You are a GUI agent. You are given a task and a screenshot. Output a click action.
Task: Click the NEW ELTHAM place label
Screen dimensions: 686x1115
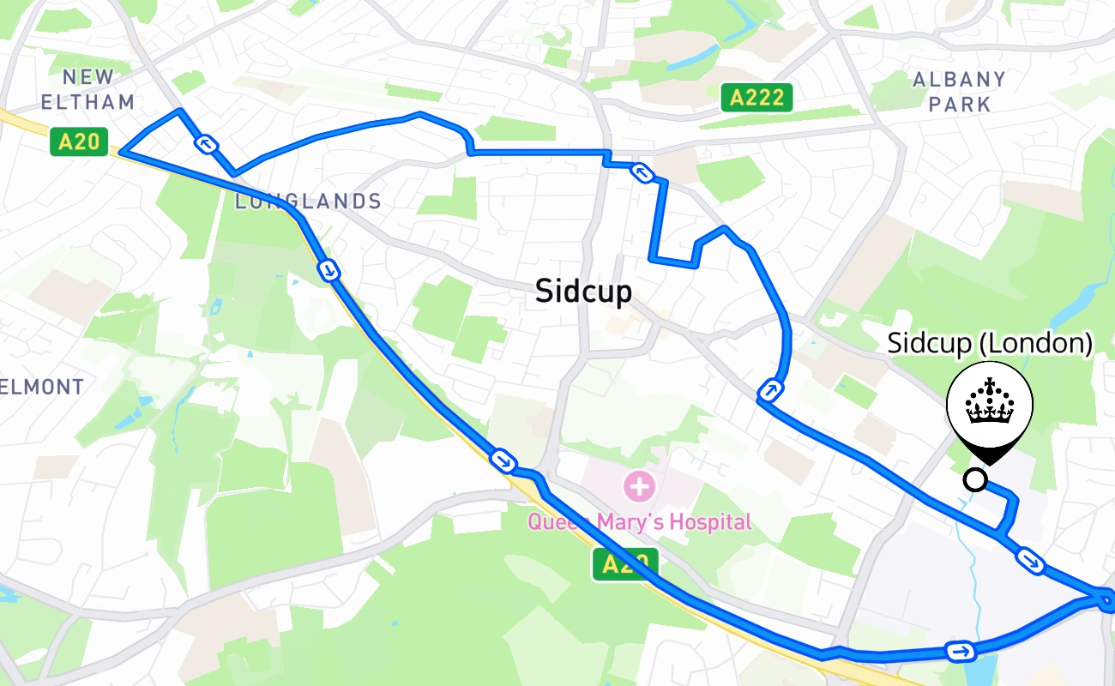click(87, 89)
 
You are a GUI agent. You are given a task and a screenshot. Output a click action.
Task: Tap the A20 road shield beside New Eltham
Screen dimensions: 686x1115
click(80, 141)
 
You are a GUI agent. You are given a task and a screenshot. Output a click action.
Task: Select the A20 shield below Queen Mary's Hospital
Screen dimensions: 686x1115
click(624, 564)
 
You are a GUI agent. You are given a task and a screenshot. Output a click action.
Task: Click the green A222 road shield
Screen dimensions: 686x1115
click(756, 98)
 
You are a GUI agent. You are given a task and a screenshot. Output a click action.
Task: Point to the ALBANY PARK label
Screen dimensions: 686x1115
click(959, 92)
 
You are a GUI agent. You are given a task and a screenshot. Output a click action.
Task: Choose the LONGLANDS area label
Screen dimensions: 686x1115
click(308, 202)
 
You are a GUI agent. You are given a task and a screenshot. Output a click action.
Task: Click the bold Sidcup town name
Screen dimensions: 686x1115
click(583, 292)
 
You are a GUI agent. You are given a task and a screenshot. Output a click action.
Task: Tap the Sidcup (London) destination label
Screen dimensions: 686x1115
click(990, 344)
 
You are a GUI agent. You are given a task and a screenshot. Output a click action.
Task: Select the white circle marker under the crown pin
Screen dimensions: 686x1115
click(975, 479)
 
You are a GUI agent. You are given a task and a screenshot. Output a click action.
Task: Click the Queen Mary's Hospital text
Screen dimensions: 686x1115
click(639, 521)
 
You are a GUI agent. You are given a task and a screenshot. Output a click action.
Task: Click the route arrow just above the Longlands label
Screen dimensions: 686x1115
click(206, 144)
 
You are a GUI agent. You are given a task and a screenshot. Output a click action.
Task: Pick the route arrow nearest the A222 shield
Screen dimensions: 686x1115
click(642, 173)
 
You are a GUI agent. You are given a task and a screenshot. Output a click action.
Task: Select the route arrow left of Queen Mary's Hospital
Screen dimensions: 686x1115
click(503, 460)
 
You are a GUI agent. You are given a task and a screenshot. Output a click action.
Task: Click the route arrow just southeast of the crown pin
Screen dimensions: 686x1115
click(1030, 561)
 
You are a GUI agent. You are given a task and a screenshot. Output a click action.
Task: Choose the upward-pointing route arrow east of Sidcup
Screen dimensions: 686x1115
click(770, 392)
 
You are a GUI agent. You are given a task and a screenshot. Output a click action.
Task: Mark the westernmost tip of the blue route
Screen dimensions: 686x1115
click(121, 152)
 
